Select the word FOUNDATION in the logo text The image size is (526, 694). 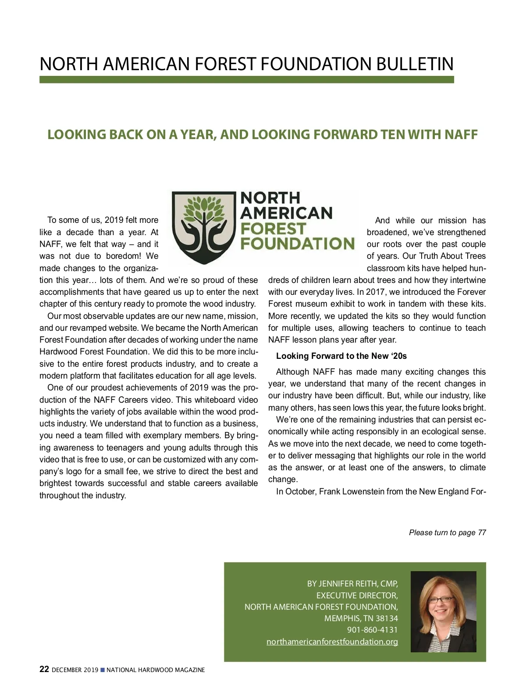click(297, 243)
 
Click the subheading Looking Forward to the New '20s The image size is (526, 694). click(341, 356)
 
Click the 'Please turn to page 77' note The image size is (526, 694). click(447, 533)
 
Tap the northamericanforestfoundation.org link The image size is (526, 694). click(332, 641)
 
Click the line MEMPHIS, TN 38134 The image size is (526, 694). click(361, 619)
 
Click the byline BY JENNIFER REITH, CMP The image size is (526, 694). click(352, 584)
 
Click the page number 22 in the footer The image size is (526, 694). click(44, 669)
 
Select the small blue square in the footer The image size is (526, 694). click(103, 670)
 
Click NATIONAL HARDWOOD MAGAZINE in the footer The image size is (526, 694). click(156, 670)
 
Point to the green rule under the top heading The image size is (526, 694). click(246, 80)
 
